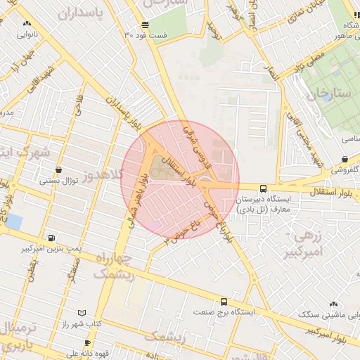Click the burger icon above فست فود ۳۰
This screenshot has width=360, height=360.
click(144, 25)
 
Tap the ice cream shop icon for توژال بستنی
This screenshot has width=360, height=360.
click(58, 169)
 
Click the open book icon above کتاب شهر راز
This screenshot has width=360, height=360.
click(82, 312)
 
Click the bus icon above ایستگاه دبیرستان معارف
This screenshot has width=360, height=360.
click(263, 188)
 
